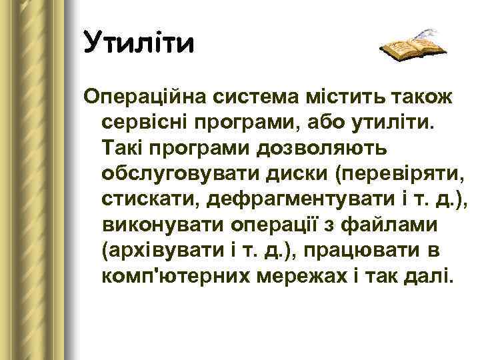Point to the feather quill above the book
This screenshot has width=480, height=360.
pos(425,33)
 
